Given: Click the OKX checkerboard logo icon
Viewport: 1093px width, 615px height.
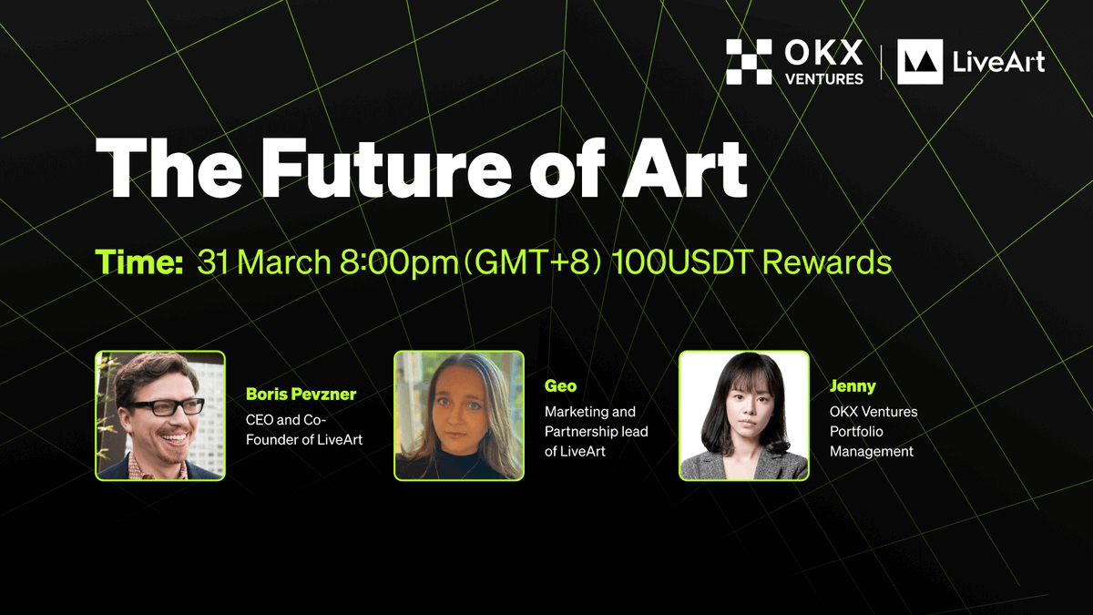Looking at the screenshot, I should click(x=749, y=62).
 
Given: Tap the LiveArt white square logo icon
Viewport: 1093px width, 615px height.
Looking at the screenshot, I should click(x=920, y=62).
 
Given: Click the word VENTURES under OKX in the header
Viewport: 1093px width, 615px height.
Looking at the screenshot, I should click(x=824, y=78).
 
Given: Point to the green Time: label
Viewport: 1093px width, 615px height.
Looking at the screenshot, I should click(x=140, y=262).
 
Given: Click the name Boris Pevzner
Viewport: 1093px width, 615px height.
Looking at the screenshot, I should click(x=301, y=395).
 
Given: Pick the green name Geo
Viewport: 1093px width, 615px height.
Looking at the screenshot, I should click(x=560, y=386).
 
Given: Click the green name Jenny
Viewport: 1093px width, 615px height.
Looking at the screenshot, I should click(x=853, y=386).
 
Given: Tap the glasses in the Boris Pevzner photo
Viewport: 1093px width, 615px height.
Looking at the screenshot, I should click(x=166, y=407).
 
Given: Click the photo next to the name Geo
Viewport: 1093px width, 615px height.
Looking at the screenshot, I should click(x=459, y=415).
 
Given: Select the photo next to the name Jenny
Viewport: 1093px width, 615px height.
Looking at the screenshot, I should click(x=744, y=415).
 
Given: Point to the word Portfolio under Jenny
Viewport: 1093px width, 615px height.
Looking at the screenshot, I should click(x=856, y=431).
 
